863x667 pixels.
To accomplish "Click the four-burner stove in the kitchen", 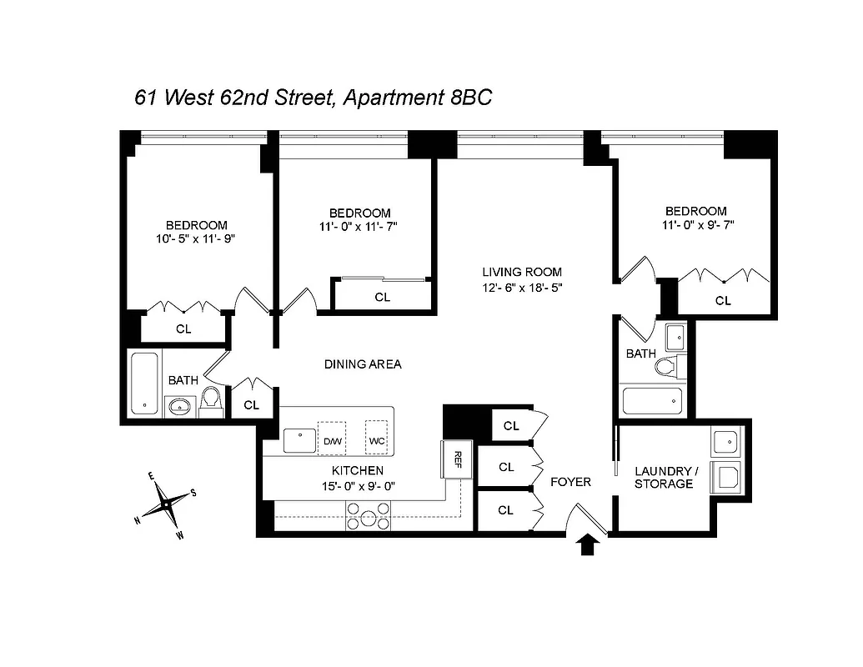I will click(368, 517).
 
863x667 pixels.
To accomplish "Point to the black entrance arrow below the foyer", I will click(589, 545).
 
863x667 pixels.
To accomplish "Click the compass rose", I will click(167, 504).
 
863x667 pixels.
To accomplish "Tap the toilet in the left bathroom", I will click(211, 402).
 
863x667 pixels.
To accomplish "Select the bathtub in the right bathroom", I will click(653, 402).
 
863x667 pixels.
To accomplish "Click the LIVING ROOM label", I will click(522, 272).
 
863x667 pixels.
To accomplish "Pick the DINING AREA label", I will click(363, 364).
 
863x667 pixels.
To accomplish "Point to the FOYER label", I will click(571, 482).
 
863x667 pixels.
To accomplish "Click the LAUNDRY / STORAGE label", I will click(664, 477).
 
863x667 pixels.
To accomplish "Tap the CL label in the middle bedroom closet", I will click(382, 297).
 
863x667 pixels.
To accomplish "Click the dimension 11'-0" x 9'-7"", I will click(697, 225).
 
